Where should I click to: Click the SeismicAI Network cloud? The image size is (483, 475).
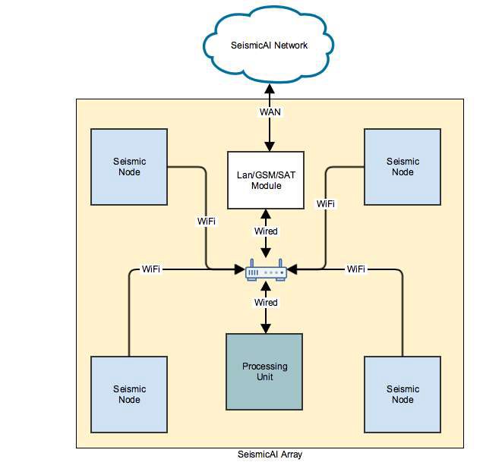[x=269, y=46]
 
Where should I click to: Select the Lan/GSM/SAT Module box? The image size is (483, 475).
[x=266, y=180]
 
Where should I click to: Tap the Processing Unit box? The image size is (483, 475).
[x=265, y=371]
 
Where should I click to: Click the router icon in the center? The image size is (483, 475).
[x=266, y=269]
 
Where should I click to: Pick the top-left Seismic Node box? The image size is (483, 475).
[x=129, y=167]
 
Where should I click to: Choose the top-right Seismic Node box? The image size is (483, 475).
[x=402, y=167]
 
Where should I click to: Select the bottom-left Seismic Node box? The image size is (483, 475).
[x=129, y=394]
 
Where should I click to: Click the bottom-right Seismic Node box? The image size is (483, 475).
[x=402, y=394]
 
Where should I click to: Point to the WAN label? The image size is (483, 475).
[x=270, y=112]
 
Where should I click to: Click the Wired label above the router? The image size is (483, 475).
[x=266, y=231]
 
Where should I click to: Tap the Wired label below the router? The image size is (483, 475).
[x=266, y=303]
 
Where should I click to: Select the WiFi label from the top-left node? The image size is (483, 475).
[x=206, y=222]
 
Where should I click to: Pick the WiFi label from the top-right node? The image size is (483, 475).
[x=326, y=204]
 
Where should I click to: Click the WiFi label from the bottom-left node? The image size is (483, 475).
[x=151, y=269]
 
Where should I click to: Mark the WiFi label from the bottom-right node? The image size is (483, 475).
[x=356, y=269]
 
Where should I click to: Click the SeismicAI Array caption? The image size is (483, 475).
[x=270, y=455]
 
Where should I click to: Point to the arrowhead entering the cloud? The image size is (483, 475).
[x=269, y=89]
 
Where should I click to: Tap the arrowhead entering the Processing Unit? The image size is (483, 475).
[x=266, y=329]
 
